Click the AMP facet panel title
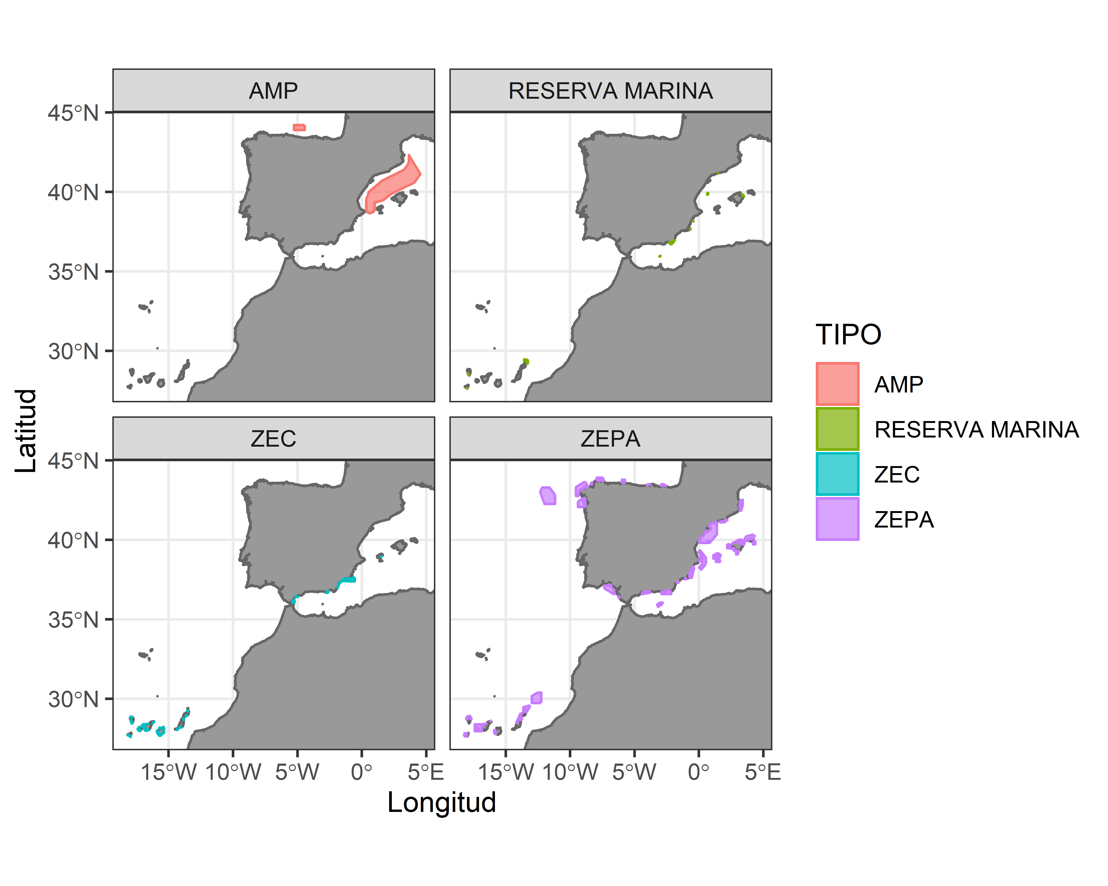[x=273, y=91]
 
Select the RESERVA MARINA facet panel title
[x=611, y=91]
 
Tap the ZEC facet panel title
[x=273, y=439]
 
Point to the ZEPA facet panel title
[x=611, y=439]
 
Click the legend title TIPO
[x=848, y=335]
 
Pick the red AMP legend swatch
[x=837, y=384]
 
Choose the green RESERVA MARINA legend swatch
[x=837, y=429]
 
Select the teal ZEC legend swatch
[x=837, y=474]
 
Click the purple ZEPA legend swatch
[x=837, y=519]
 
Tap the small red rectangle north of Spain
[x=299, y=127]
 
